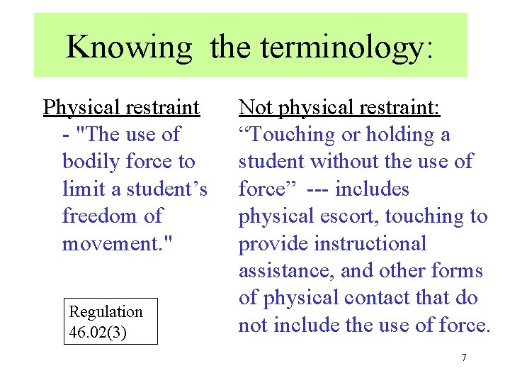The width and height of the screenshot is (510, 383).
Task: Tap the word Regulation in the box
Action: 106,311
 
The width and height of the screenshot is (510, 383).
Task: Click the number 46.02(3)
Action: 98,332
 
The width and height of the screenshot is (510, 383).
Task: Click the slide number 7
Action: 464,357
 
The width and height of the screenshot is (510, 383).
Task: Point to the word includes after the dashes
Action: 373,189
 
